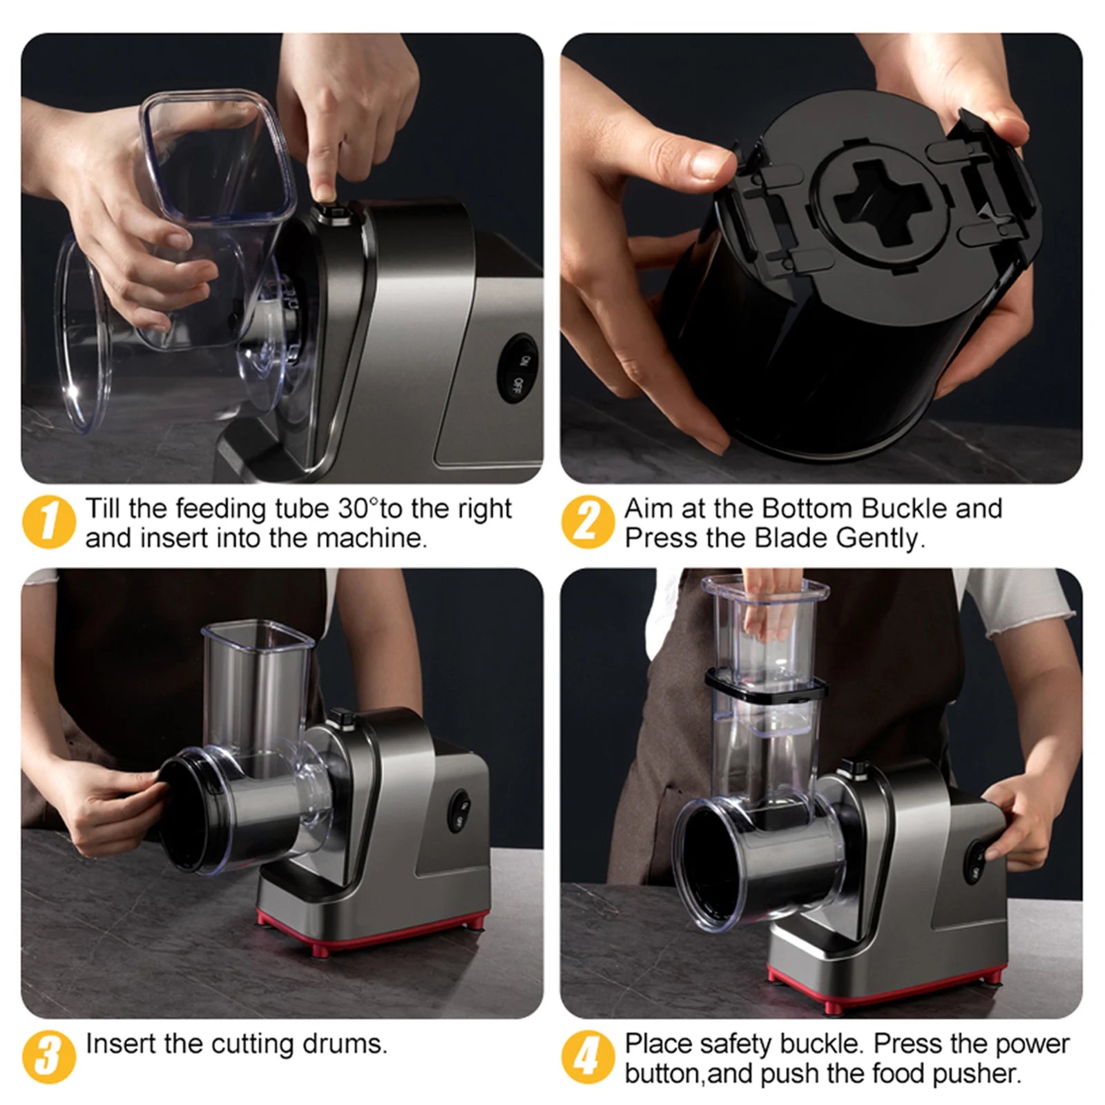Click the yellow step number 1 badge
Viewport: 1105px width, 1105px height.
(x=48, y=522)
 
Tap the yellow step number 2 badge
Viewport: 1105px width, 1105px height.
(x=587, y=522)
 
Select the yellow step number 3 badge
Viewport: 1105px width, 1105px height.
(x=48, y=1057)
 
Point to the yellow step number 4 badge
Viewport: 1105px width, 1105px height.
(x=587, y=1057)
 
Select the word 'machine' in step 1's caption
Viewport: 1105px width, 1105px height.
(x=376, y=539)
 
